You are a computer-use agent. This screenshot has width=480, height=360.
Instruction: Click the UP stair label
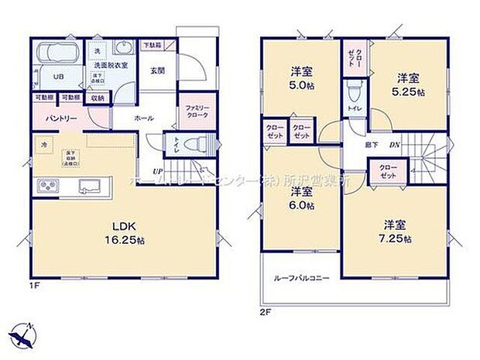[157, 170]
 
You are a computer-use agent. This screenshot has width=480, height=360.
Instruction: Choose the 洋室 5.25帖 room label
[410, 84]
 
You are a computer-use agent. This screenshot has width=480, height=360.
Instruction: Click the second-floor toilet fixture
[354, 97]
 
